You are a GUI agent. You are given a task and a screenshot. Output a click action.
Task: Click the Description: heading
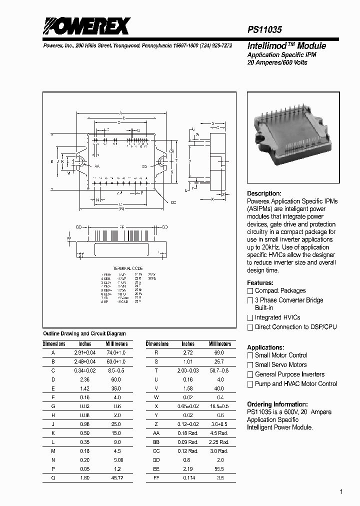(x=264, y=193)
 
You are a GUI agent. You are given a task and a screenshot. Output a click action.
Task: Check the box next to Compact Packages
(x=250, y=291)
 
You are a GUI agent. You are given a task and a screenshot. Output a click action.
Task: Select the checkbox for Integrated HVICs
(x=250, y=318)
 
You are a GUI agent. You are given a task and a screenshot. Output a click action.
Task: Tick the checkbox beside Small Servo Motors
(x=250, y=365)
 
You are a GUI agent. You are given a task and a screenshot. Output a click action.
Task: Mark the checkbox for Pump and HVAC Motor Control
(x=250, y=384)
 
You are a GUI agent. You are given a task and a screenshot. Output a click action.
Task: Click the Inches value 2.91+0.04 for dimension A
(x=84, y=352)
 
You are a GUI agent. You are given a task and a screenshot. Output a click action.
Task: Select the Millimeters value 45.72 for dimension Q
(x=116, y=478)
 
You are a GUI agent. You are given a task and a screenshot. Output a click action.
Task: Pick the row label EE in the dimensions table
(x=156, y=469)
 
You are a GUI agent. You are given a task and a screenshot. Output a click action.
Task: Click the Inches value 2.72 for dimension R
(x=188, y=352)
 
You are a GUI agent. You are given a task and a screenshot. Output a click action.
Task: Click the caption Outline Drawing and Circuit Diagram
(x=84, y=333)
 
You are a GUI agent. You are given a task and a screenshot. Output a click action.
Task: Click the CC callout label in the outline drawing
(x=173, y=202)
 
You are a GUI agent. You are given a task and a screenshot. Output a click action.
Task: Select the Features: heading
(x=260, y=282)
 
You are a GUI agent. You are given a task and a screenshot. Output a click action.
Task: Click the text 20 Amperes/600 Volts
(x=277, y=62)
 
